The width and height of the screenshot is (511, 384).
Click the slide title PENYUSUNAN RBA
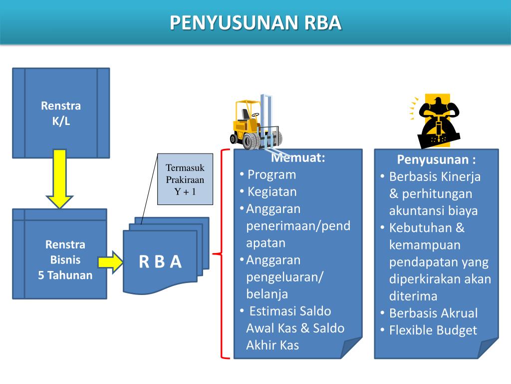click(x=255, y=22)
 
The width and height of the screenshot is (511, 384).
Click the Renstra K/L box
click(x=61, y=113)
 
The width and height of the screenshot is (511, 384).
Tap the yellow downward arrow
click(x=59, y=178)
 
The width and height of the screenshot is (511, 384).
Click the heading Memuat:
click(x=298, y=158)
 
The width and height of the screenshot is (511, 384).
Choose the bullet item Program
click(x=271, y=174)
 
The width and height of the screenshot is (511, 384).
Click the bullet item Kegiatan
click(x=272, y=191)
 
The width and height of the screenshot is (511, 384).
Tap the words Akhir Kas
click(x=272, y=345)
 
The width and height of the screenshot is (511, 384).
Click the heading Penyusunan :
click(x=436, y=159)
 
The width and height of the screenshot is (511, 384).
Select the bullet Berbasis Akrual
click(x=433, y=313)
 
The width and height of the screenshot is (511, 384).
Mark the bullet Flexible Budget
click(x=433, y=330)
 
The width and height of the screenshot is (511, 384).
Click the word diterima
click(x=413, y=296)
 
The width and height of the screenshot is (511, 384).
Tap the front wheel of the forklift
click(x=252, y=141)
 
